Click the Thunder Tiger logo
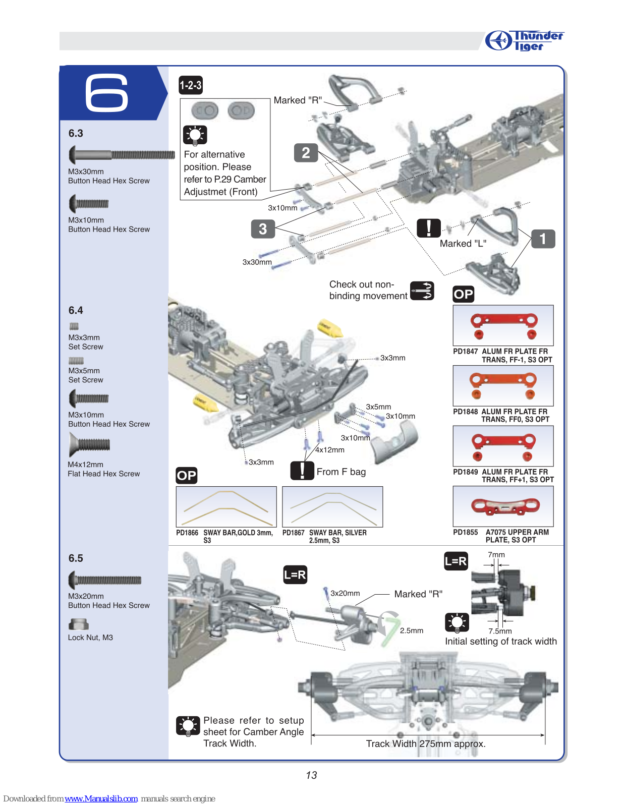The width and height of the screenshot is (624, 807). pyautogui.click(x=524, y=40)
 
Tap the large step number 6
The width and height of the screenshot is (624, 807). pyautogui.click(x=106, y=93)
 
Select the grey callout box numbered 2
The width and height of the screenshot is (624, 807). pyautogui.click(x=306, y=153)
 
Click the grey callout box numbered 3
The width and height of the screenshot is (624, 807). pyautogui.click(x=263, y=228)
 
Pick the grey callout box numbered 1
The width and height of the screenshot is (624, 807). pyautogui.click(x=543, y=239)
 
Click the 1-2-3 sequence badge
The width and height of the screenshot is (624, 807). pyautogui.click(x=191, y=85)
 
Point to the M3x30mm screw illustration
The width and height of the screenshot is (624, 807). pyautogui.click(x=122, y=155)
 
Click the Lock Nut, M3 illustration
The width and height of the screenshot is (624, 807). pyautogui.click(x=78, y=624)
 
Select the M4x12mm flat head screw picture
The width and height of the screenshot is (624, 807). pyautogui.click(x=89, y=445)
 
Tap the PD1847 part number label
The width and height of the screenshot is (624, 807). pyautogui.click(x=465, y=351)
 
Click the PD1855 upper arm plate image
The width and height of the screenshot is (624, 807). pyautogui.click(x=503, y=506)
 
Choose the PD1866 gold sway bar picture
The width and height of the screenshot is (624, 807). pyautogui.click(x=226, y=506)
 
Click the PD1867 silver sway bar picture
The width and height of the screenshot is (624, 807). pyautogui.click(x=332, y=506)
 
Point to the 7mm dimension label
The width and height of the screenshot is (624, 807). pyautogui.click(x=496, y=555)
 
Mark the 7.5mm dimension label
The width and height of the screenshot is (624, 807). pyautogui.click(x=500, y=631)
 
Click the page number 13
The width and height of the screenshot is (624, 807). pyautogui.click(x=311, y=775)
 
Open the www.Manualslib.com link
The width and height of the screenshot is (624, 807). pyautogui.click(x=101, y=798)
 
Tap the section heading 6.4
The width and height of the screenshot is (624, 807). pyautogui.click(x=76, y=310)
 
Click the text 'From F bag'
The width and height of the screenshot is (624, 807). pyautogui.click(x=341, y=472)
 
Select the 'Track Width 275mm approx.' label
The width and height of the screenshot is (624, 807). pyautogui.click(x=426, y=743)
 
